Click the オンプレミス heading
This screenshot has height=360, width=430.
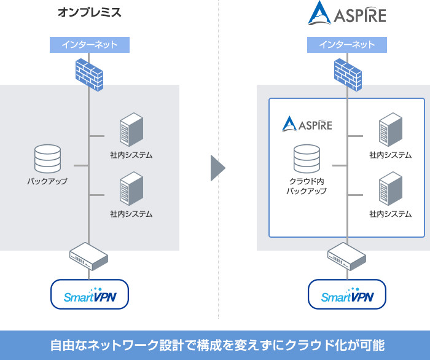click(x=89, y=12)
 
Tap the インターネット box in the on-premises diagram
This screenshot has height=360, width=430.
click(x=89, y=45)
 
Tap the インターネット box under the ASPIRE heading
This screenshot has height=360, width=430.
click(x=347, y=45)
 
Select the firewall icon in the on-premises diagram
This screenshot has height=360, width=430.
click(x=89, y=72)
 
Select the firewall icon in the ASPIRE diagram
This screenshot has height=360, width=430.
click(x=347, y=72)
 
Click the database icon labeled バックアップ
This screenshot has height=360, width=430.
click(x=47, y=158)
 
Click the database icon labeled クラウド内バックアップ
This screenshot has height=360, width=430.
click(x=307, y=158)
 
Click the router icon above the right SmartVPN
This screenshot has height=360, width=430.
click(x=347, y=256)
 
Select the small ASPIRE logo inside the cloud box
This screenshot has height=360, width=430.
click(x=307, y=124)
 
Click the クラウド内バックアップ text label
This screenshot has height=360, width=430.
click(x=307, y=186)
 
